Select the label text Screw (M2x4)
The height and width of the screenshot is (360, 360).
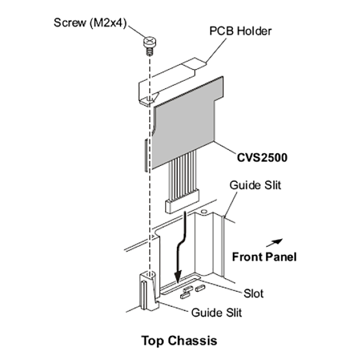click(x=90, y=22)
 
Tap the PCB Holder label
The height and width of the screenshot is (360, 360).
click(x=240, y=31)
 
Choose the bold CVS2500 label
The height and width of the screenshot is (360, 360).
click(x=262, y=158)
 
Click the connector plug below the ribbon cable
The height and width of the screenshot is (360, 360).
click(x=182, y=206)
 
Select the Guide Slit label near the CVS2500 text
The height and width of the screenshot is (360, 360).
click(x=255, y=185)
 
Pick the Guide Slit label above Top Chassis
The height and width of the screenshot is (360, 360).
click(x=216, y=312)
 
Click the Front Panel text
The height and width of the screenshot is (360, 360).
click(x=264, y=257)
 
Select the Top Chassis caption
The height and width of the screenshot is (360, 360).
click(x=179, y=340)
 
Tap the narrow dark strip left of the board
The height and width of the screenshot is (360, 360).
click(x=145, y=155)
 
